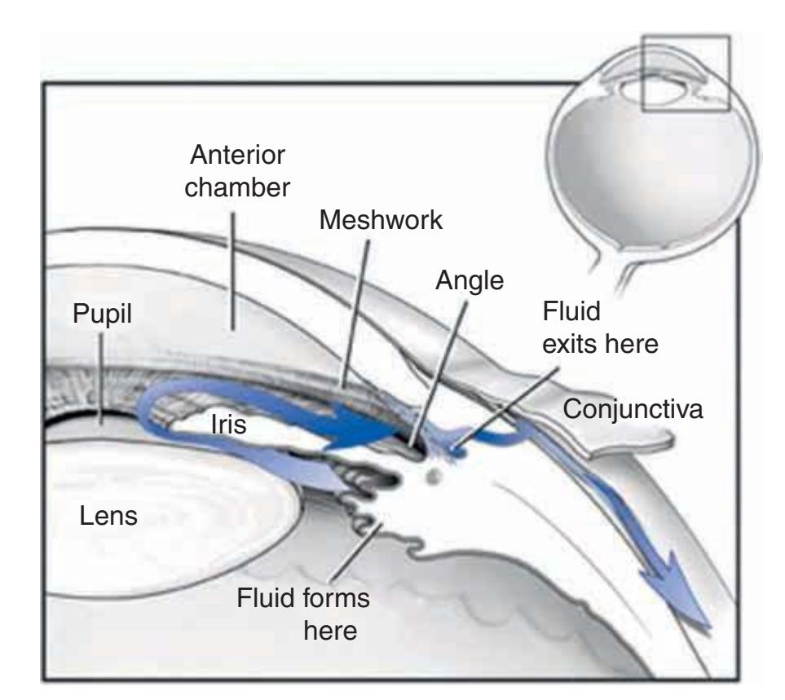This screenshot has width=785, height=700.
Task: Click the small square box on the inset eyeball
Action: point(685,73)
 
